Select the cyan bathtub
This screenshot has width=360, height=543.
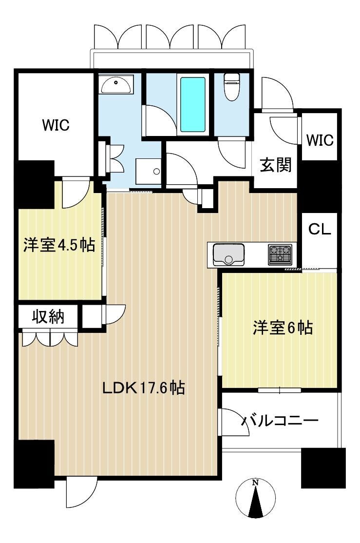click(193, 104)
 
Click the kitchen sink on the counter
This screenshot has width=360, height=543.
click(228, 254)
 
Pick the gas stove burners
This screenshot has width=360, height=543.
click(280, 254)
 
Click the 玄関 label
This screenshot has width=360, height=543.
click(276, 164)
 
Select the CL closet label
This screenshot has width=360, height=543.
click(320, 229)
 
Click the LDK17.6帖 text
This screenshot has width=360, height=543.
click(143, 388)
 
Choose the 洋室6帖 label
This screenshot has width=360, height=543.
click(283, 328)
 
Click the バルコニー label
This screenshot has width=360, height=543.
click(279, 421)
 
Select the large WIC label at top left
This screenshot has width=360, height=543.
click(56, 125)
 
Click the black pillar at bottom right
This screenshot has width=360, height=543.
click(323, 468)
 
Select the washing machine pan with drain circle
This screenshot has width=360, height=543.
click(149, 172)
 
